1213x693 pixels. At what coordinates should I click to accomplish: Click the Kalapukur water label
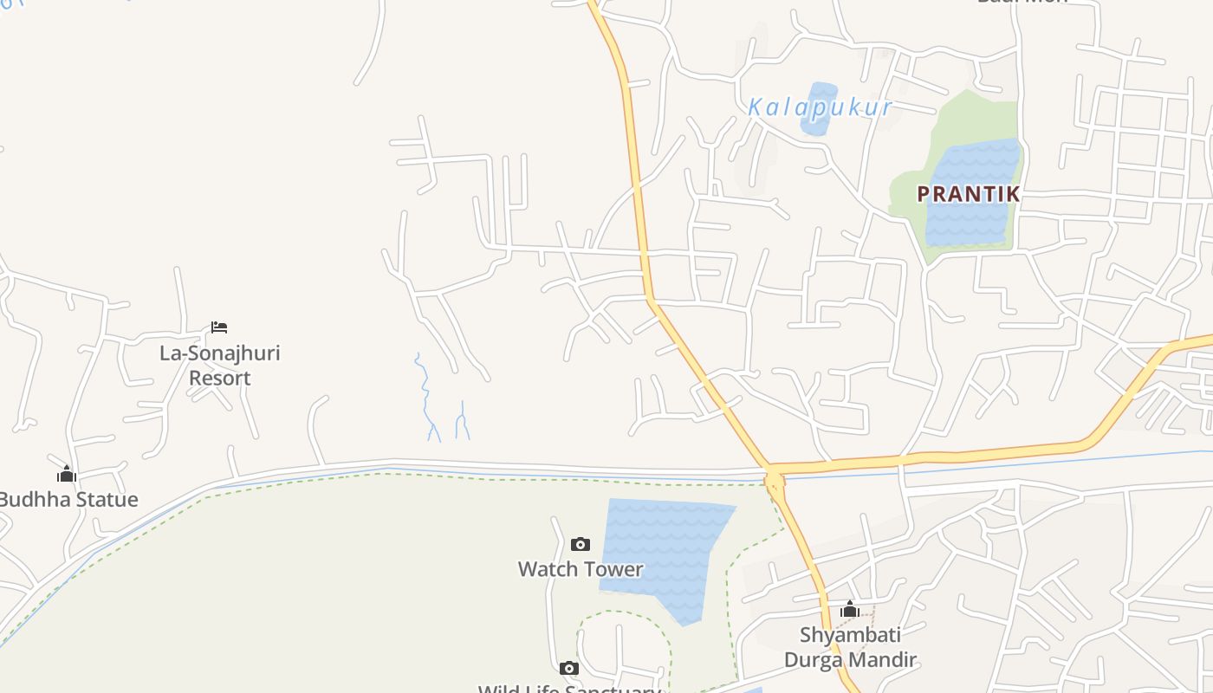tap(819, 107)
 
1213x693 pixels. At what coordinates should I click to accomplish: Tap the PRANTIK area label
tap(968, 195)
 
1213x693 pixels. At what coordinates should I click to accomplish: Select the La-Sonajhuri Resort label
tap(220, 366)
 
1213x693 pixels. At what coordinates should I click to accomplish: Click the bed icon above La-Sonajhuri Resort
tap(219, 327)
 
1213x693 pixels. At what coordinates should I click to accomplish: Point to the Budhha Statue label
tap(68, 500)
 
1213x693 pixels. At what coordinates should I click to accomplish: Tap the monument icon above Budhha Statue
tap(67, 474)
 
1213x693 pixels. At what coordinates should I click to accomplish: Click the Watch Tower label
tap(581, 569)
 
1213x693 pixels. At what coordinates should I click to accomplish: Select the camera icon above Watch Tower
tap(581, 544)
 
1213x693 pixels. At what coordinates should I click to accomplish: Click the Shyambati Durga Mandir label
tap(850, 647)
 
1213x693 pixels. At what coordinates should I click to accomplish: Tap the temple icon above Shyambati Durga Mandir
tap(850, 610)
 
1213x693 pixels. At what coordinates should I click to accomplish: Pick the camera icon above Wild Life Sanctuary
tap(569, 668)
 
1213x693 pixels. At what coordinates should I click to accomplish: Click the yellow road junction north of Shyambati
tap(774, 477)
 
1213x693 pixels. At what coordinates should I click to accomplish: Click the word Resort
tap(220, 379)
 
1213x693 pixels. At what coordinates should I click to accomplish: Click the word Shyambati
tap(850, 635)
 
